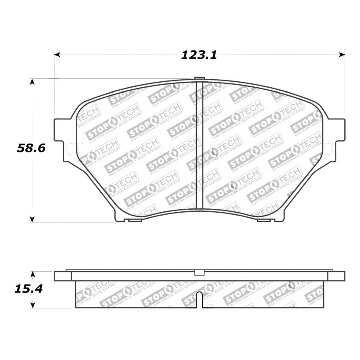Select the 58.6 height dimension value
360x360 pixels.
pos(31,148)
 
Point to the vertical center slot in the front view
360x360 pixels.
pos(199,144)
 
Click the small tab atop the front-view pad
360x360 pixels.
pos(199,78)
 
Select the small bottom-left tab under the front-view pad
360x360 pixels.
pos(135,220)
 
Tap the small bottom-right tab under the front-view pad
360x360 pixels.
pos(263,220)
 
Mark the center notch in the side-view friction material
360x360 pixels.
pos(199,299)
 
